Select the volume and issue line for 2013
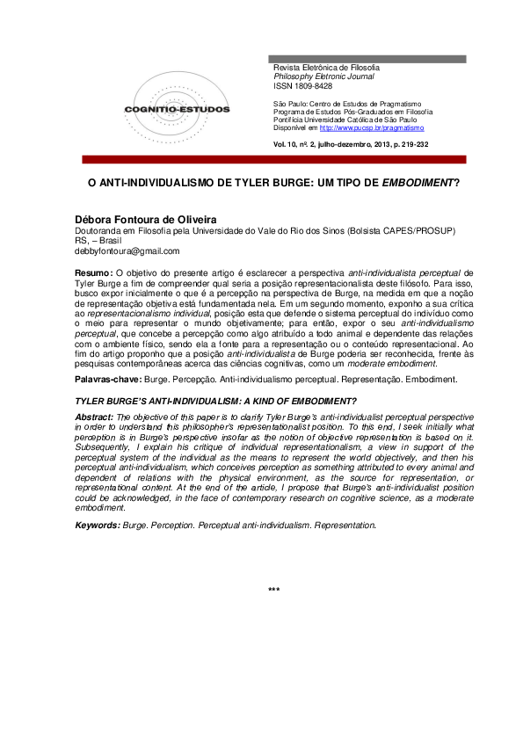[351, 145]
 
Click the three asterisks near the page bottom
[273, 589]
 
